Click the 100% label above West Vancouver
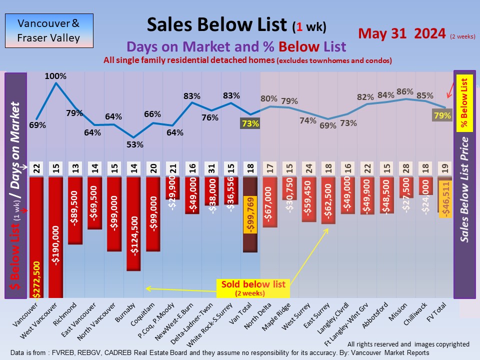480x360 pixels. (55, 76)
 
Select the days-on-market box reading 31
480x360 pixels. (212, 168)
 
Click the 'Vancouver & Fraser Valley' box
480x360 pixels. (48, 30)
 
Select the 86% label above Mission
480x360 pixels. (404, 91)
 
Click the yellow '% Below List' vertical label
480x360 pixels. (464, 103)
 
